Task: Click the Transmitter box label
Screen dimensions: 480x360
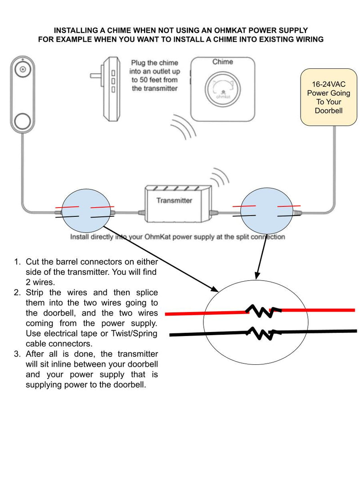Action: [x=174, y=200]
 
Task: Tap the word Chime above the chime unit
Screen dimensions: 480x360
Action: [x=222, y=62]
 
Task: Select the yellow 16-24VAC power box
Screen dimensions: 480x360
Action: [x=328, y=97]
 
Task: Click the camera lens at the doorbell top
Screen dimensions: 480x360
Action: [x=22, y=70]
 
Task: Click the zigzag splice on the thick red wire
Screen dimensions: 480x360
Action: [x=259, y=310]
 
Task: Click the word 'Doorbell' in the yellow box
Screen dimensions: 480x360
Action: [x=328, y=111]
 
